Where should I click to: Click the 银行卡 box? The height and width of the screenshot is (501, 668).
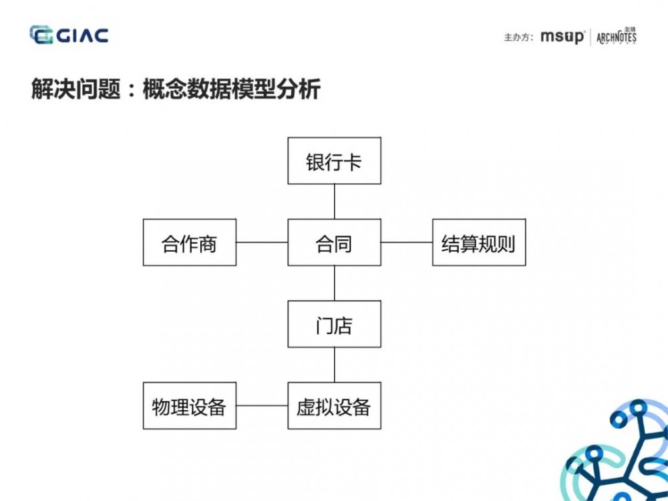[334, 161]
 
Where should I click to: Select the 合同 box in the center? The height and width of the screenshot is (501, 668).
[334, 242]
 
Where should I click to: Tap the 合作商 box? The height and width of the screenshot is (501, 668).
[190, 242]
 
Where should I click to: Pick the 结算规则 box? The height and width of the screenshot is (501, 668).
[478, 242]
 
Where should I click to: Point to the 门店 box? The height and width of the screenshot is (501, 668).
[334, 324]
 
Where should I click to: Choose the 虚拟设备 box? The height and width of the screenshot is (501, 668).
[334, 405]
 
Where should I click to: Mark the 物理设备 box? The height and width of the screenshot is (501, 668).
[190, 405]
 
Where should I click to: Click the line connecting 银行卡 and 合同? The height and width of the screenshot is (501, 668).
[334, 202]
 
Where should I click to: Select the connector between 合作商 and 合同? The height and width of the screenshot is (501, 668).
[262, 242]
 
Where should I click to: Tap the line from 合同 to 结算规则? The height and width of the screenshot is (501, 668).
[406, 242]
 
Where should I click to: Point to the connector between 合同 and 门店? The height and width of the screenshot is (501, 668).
[334, 283]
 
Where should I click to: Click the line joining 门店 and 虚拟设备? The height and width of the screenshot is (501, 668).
[334, 365]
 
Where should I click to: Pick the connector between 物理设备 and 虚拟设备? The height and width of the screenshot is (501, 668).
[262, 405]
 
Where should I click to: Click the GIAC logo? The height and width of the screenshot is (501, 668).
[69, 35]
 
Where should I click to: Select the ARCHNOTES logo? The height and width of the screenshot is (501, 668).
[616, 36]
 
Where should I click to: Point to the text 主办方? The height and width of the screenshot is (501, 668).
[518, 37]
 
